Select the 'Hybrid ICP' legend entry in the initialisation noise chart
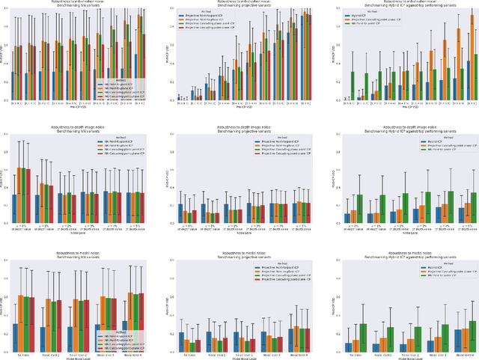[362, 14]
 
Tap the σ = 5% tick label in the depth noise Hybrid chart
[464, 227]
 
